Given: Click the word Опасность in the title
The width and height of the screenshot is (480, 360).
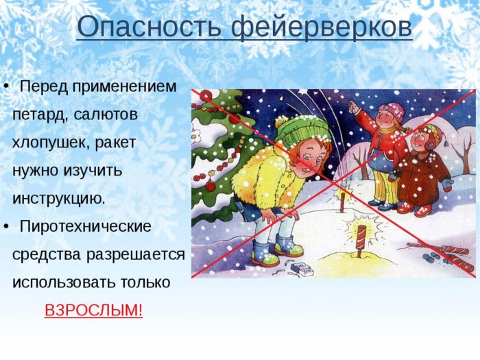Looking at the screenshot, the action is coord(149,27).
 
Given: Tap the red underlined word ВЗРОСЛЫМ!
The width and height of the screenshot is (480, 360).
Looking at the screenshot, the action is coord(94,310).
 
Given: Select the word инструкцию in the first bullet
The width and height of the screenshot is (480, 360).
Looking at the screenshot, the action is coord(58,199).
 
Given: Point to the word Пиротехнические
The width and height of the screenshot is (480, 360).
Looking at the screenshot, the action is coord(86,227).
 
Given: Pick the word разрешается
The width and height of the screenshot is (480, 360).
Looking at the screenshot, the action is coord(135,255).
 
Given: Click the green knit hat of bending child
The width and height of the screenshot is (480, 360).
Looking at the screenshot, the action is coord(302,130).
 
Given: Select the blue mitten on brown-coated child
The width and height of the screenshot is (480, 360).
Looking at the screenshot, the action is coord(447,184).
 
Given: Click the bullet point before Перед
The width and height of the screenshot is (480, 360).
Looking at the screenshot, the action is coord(5,87).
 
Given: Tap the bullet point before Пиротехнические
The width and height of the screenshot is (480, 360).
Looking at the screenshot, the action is coord(5,227).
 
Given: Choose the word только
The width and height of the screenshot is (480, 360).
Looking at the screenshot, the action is coord(145,283).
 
